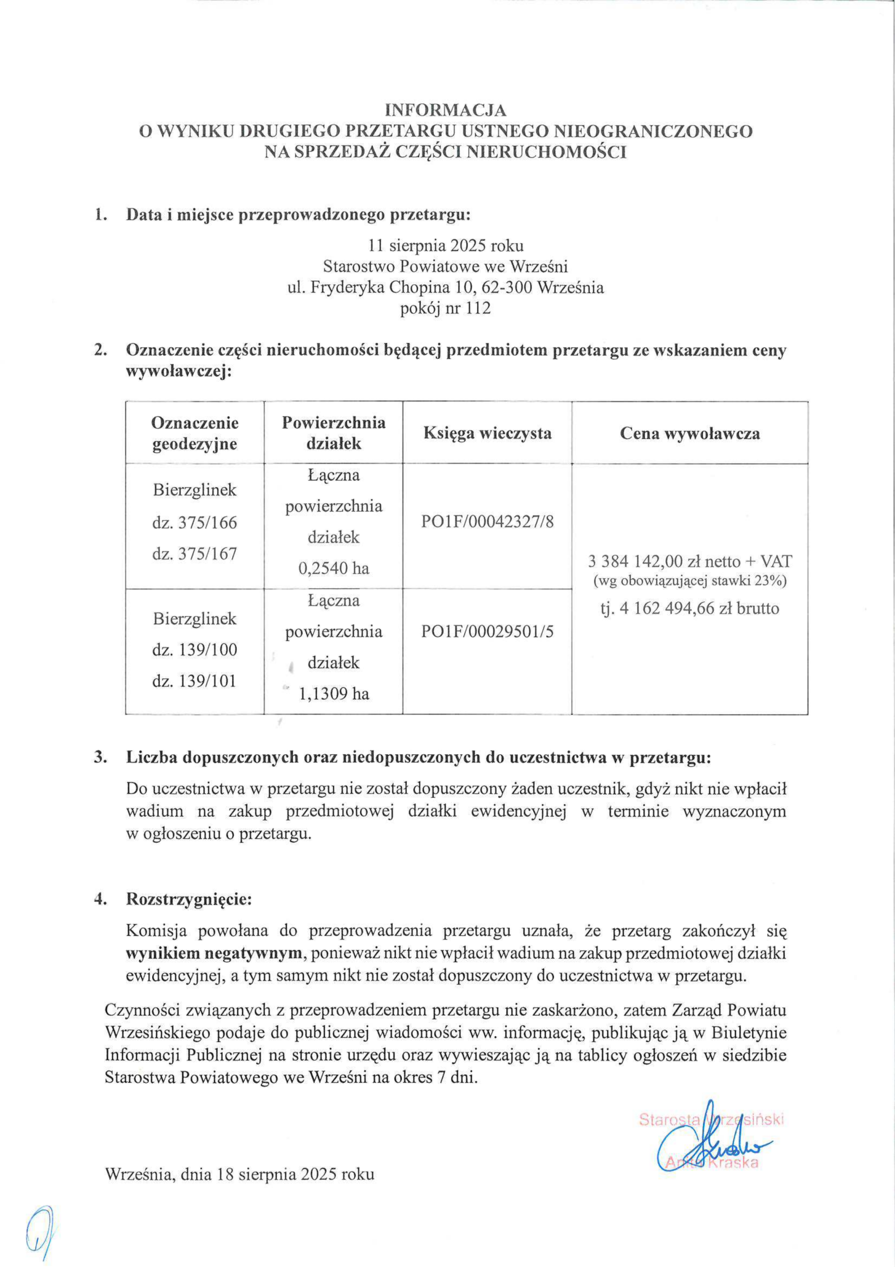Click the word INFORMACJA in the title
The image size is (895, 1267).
coord(446,111)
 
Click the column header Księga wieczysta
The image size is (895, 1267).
coord(488,433)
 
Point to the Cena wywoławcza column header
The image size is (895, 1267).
coord(690,433)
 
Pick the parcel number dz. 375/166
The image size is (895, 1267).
coord(195,522)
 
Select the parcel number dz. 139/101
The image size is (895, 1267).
coord(195,681)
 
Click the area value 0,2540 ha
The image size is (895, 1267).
coord(334,568)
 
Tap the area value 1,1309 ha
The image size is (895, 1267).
coord(334,694)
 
